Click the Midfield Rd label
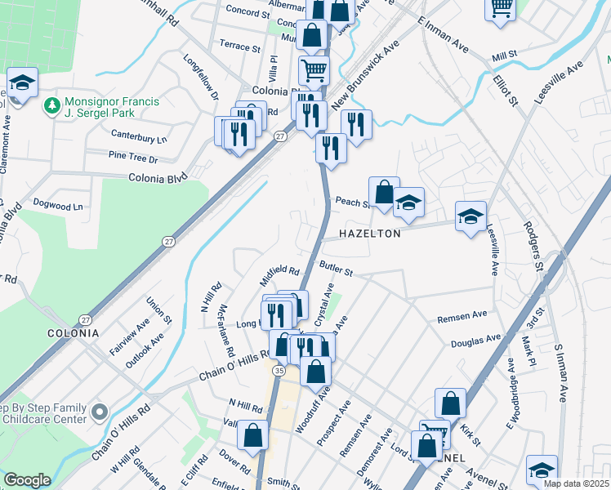[x=280, y=271]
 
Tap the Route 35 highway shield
[x=279, y=371]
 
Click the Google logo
[x=27, y=479]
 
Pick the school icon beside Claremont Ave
[x=23, y=83]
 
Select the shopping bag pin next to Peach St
[x=384, y=193]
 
